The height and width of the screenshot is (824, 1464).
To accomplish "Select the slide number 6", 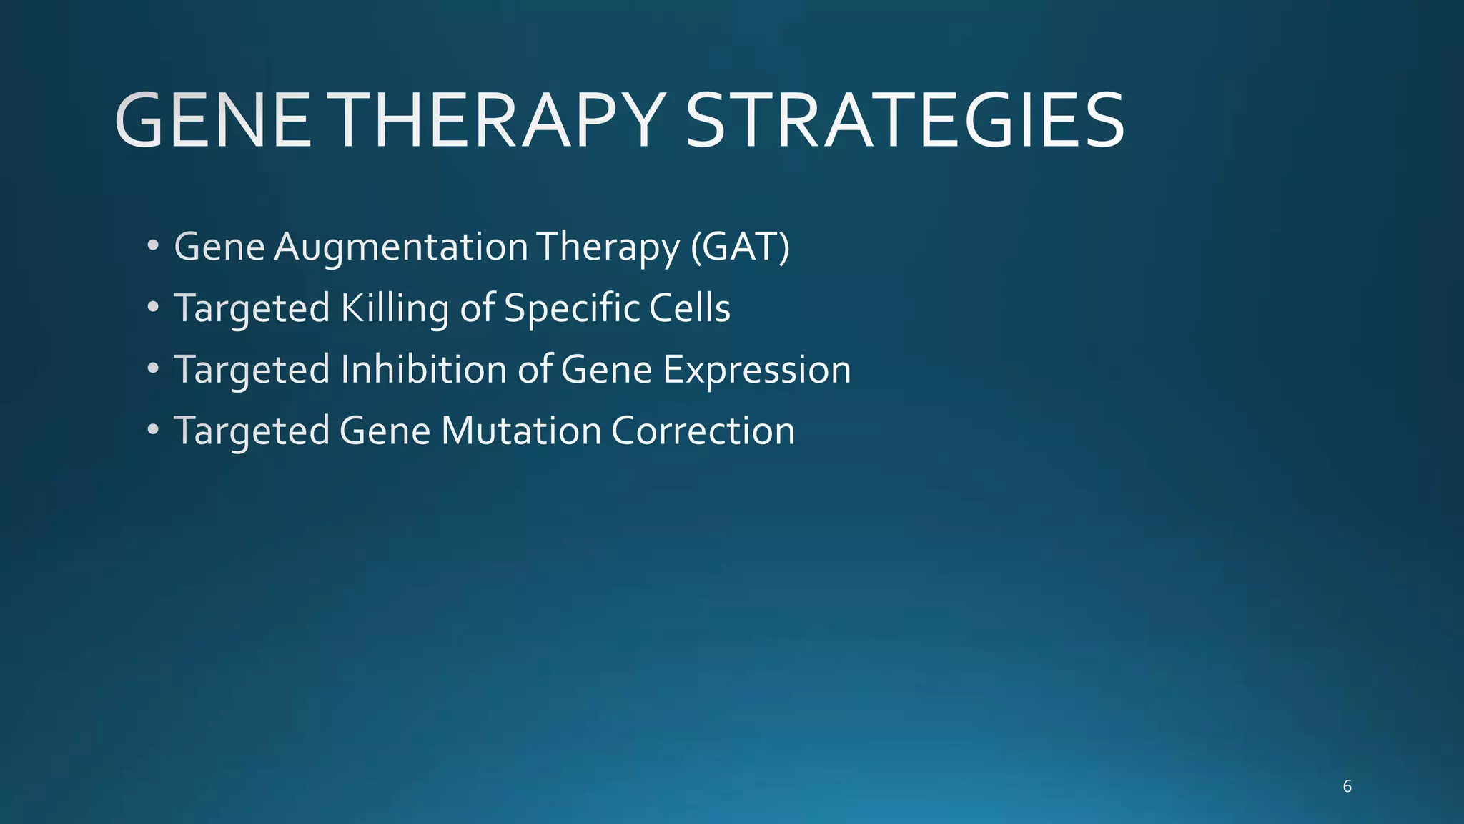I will [x=1347, y=787].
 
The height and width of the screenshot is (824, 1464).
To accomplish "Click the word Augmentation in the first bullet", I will [x=401, y=247].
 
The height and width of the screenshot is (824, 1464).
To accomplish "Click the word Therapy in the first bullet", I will [x=608, y=247].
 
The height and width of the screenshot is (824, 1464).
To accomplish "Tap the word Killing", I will [x=394, y=309].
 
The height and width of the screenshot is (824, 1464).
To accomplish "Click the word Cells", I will [x=689, y=309].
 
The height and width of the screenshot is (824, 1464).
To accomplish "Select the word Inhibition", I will [x=423, y=371].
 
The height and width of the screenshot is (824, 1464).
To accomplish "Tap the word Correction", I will [x=703, y=431].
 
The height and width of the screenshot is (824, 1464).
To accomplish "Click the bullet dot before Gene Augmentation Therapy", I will [x=152, y=246].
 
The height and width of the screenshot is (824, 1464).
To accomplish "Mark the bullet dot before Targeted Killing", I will [x=152, y=308].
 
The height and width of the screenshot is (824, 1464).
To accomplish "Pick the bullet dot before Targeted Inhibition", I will [x=152, y=369].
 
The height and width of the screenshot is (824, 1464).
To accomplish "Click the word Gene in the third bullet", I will [x=606, y=371].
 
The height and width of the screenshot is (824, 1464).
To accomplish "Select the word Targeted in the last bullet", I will [x=251, y=431].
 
